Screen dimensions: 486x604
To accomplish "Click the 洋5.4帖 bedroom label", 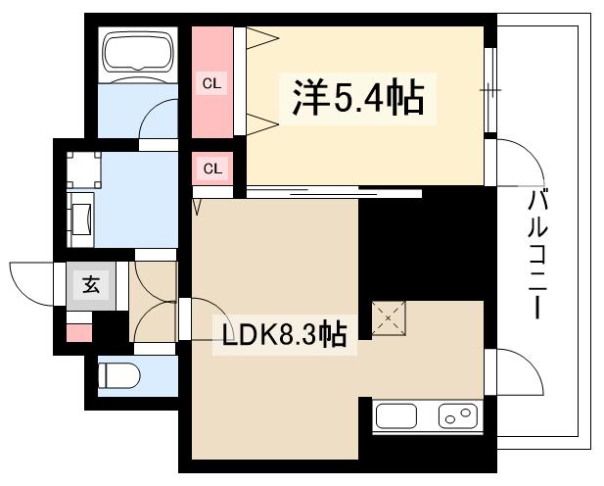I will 355,99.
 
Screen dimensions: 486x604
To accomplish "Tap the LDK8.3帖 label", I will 284,335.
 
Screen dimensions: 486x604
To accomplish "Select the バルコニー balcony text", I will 537,255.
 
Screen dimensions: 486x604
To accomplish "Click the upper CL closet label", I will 212,83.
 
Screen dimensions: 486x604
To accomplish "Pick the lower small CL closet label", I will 212,169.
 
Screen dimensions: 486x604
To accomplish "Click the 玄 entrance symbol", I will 90,285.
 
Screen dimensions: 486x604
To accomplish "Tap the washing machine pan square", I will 84,170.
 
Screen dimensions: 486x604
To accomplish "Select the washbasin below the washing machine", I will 81,216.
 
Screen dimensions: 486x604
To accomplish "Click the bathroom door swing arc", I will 157,122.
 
